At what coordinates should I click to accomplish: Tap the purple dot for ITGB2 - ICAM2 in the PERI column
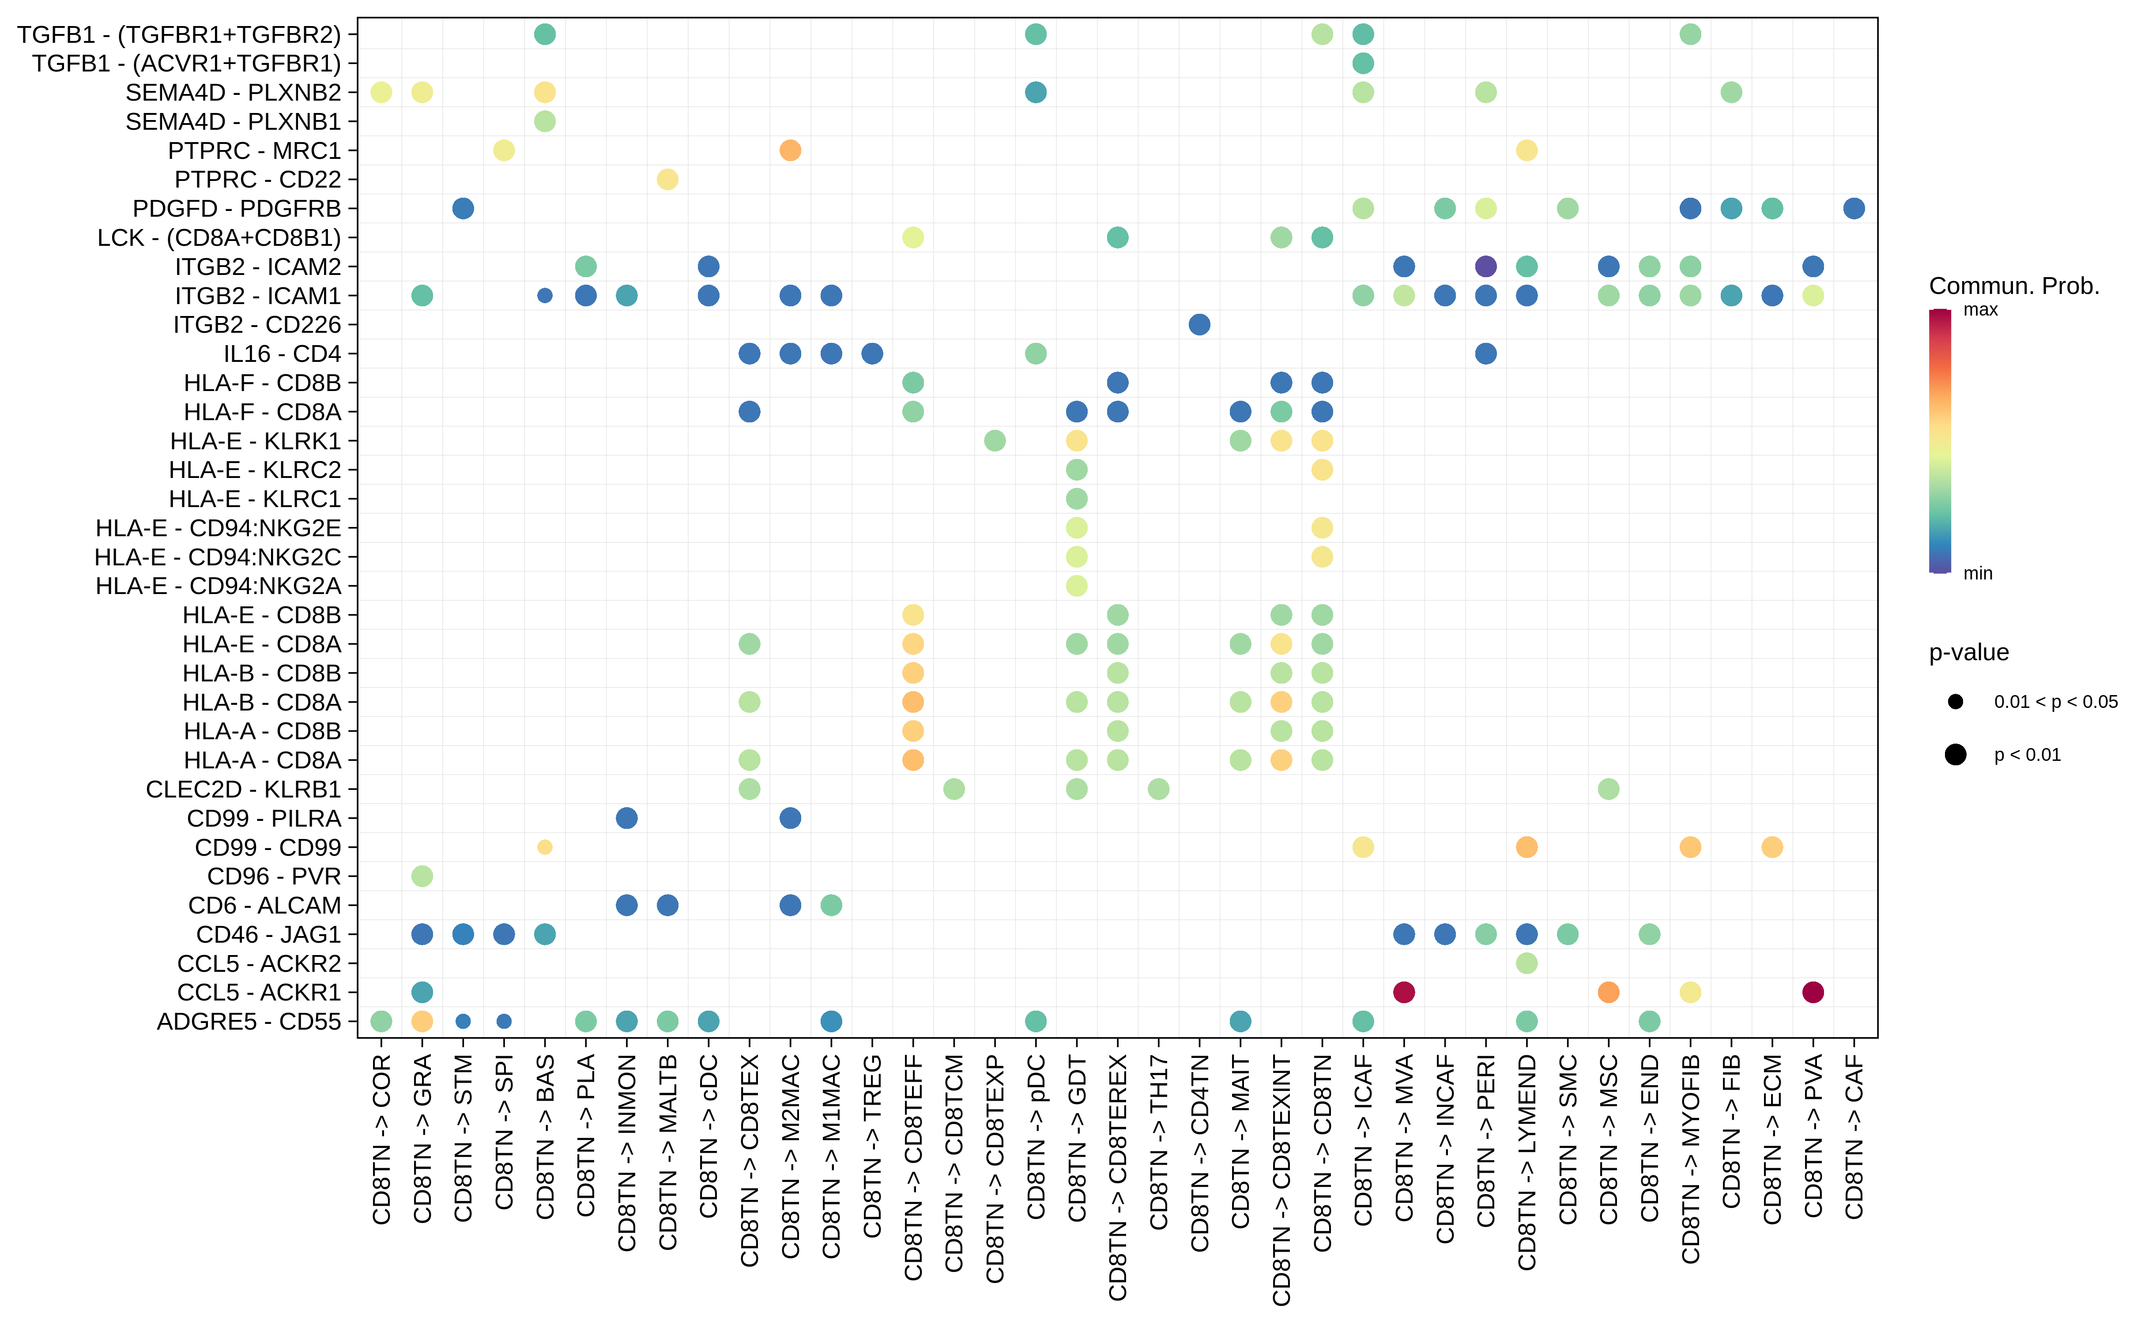[x=1485, y=266]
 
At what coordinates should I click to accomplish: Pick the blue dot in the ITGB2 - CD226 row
[x=1199, y=325]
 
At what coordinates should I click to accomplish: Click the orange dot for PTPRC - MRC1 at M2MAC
[x=790, y=150]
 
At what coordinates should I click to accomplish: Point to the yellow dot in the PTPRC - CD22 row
[x=667, y=180]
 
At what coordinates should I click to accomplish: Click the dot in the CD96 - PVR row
[x=422, y=876]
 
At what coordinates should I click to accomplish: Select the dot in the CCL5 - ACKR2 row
[x=1526, y=963]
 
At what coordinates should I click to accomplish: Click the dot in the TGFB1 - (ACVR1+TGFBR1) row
[x=1363, y=63]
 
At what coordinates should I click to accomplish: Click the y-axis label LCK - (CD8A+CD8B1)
[x=219, y=237]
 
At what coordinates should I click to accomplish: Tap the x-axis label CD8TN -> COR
[x=381, y=1138]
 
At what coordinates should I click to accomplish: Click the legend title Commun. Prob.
[x=2014, y=286]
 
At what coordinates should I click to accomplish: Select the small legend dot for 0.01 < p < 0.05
[x=1955, y=701]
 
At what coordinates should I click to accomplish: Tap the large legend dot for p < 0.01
[x=1955, y=755]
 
